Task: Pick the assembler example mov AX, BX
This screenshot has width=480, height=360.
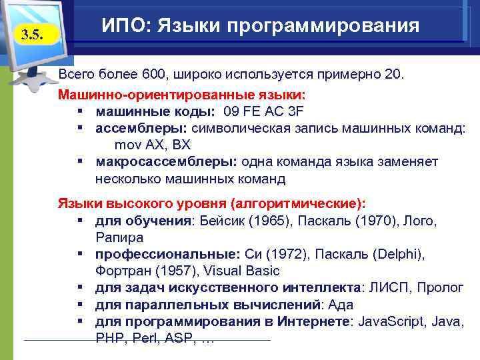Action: coord(153,145)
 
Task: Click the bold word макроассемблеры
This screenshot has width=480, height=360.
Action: coord(166,162)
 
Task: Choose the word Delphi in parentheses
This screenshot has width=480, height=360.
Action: coord(398,254)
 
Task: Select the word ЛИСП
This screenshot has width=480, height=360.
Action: coord(385,287)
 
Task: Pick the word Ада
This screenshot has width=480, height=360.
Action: coord(338,304)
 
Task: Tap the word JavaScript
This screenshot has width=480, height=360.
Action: coord(391,321)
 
